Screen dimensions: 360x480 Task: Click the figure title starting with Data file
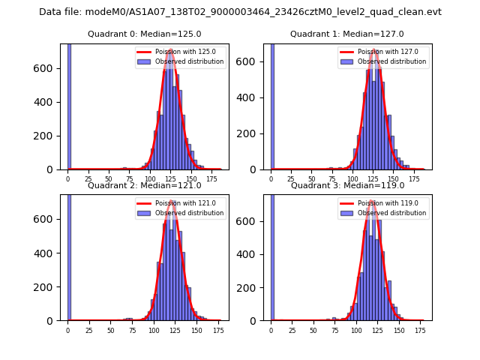[240, 12]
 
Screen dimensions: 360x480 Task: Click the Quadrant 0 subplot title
[144, 34]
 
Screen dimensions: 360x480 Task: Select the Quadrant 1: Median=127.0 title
[347, 34]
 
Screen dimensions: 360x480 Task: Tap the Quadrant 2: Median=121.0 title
[144, 185]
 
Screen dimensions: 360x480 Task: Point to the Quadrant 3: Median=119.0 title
[347, 185]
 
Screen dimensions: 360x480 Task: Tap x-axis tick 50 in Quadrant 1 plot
[313, 179]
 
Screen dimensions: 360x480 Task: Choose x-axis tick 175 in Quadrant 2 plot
[218, 331]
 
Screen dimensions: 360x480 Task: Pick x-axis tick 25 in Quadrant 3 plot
[292, 331]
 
